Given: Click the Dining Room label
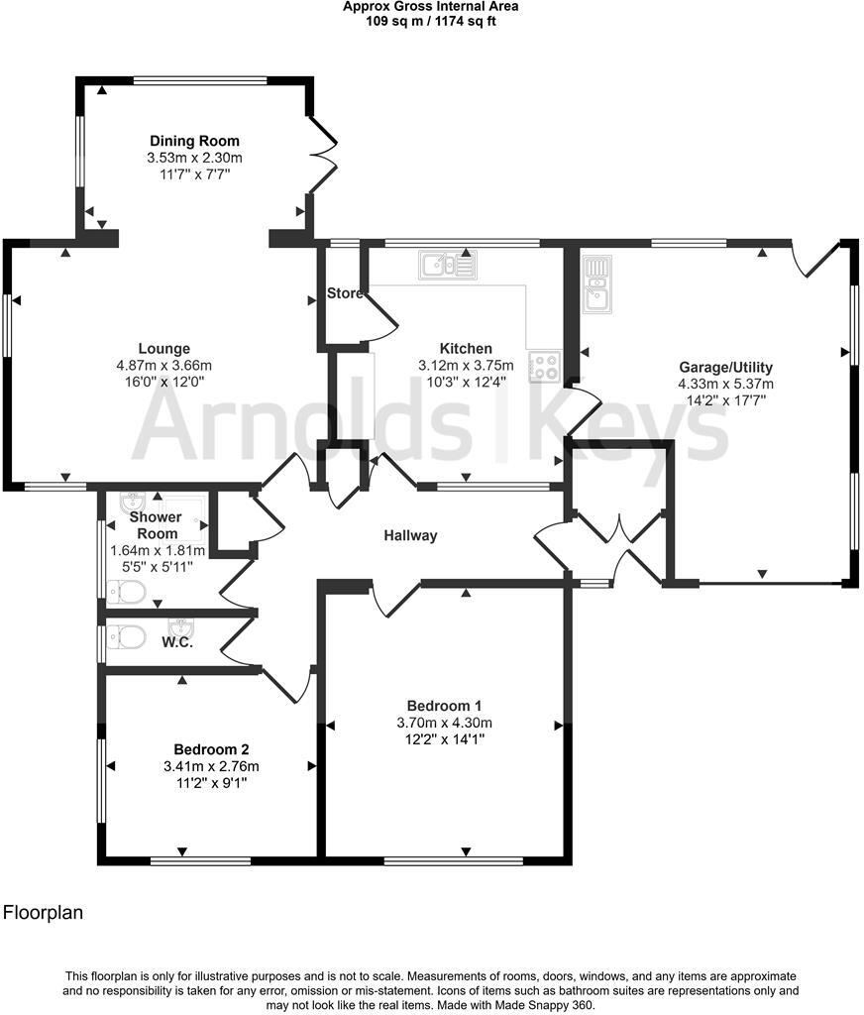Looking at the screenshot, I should (x=194, y=141).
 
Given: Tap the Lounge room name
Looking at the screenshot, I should (x=164, y=348).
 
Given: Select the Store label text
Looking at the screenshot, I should (x=345, y=293).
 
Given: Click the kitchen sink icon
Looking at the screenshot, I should (x=447, y=264).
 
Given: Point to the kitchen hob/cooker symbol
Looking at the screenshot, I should (x=544, y=366).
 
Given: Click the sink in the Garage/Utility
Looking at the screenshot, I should (x=597, y=283).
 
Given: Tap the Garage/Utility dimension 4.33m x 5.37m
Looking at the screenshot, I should (x=725, y=384).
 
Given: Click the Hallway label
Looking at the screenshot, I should (x=411, y=535).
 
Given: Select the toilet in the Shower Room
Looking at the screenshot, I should (x=127, y=593).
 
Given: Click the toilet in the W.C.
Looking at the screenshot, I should (x=127, y=635).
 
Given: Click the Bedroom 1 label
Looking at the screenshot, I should (x=445, y=706).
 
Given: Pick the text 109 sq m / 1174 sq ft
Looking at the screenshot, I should (x=430, y=21).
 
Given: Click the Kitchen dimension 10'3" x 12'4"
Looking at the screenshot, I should (x=466, y=382).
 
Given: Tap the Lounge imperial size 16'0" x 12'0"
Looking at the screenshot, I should (x=164, y=382).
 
